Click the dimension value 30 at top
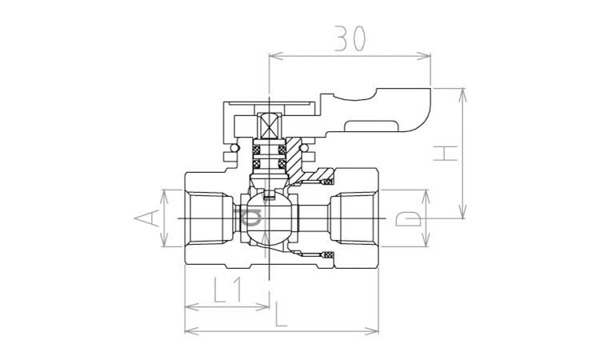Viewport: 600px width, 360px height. [x=350, y=38]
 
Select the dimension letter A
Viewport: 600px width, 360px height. [x=146, y=218]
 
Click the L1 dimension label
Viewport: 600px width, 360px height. [x=227, y=290]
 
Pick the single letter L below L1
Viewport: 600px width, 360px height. [x=281, y=314]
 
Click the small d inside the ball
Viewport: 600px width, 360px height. [x=250, y=218]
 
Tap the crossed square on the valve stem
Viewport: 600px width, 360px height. [x=270, y=126]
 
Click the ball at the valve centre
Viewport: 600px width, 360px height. [x=270, y=218]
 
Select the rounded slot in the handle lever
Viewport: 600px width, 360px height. [x=372, y=126]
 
